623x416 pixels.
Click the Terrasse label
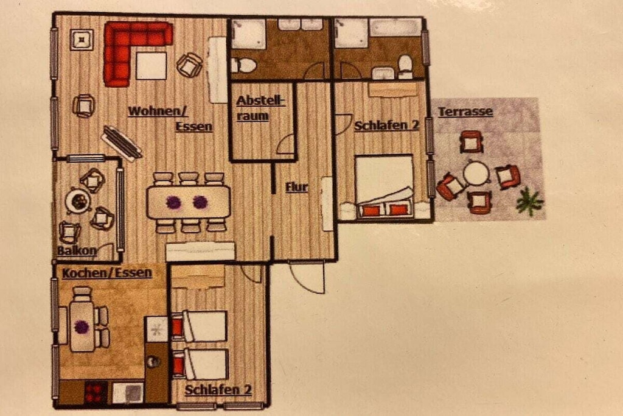tap(465, 111)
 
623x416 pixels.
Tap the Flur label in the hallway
tap(297, 187)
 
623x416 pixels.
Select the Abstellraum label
tap(260, 108)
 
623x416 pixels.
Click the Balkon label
tap(77, 250)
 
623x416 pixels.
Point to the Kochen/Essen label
tap(107, 273)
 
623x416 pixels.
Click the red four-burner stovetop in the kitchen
tap(96, 392)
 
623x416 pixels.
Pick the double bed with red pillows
tap(384, 186)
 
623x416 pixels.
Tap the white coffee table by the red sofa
tap(151, 66)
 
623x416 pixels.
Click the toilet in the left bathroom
tap(243, 65)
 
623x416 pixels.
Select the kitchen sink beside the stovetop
tap(128, 392)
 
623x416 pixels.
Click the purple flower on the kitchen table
tap(82, 327)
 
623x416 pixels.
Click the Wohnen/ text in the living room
tap(158, 111)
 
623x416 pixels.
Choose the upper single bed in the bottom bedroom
tap(200, 326)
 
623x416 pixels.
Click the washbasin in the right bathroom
tap(383, 73)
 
